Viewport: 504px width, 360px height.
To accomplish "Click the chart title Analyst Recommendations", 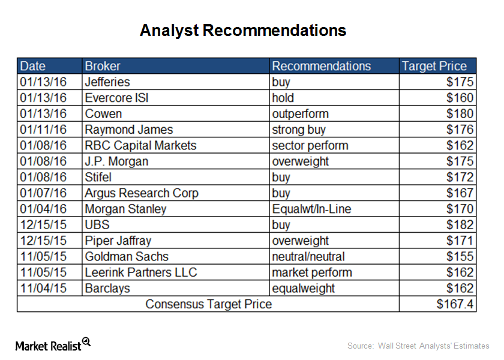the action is [x=243, y=31].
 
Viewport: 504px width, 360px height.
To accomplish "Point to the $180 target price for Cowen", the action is [x=460, y=113].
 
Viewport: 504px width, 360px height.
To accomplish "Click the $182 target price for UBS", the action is [x=460, y=224].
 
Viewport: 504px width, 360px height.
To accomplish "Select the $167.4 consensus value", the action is [x=455, y=304].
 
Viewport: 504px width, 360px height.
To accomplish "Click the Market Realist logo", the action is [x=53, y=344].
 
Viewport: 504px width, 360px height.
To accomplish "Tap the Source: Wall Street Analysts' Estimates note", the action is [x=418, y=346].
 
